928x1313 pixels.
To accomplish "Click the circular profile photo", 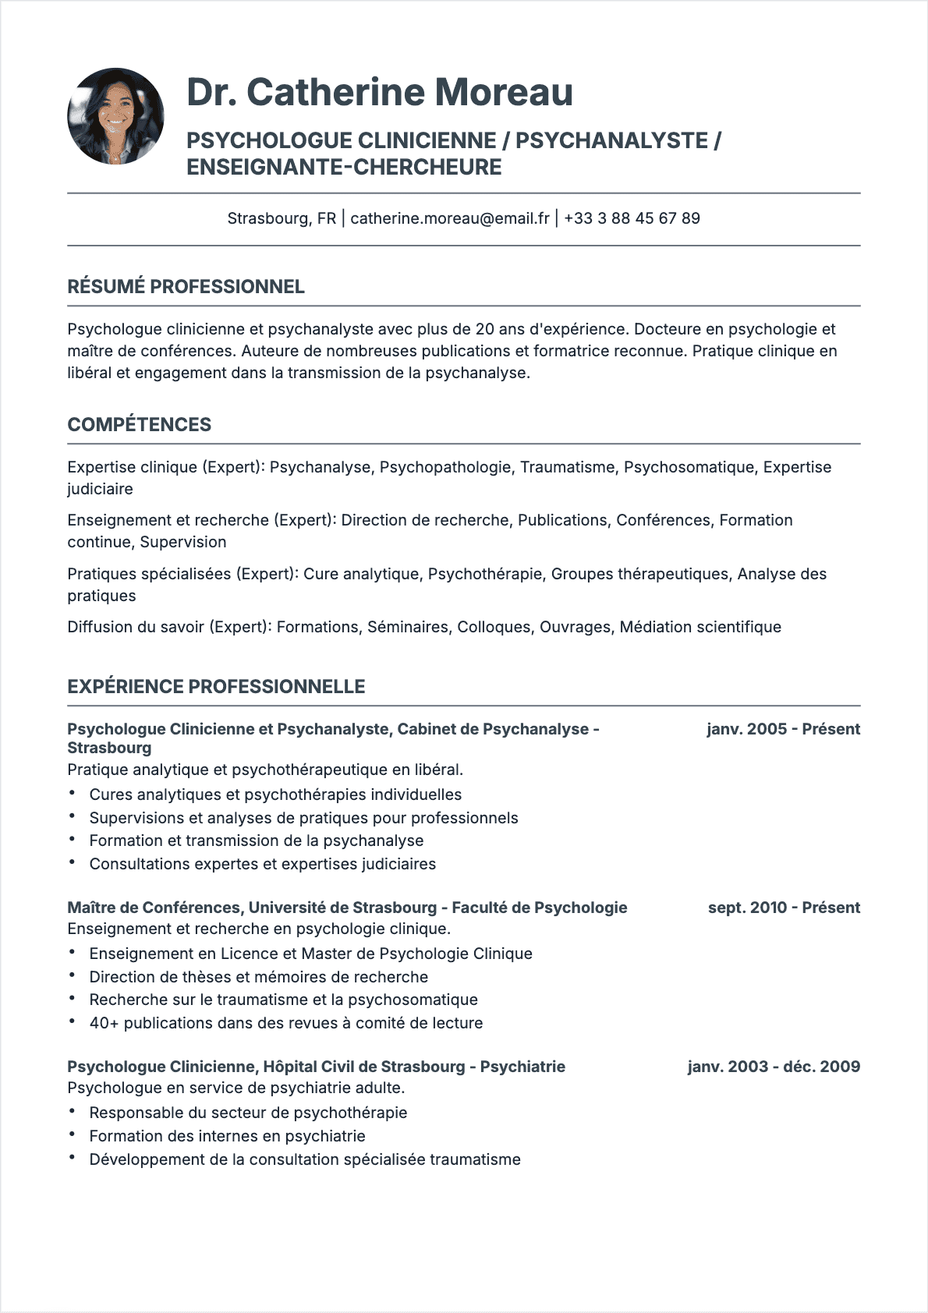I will [115, 116].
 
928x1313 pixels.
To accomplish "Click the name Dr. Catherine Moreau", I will [380, 92].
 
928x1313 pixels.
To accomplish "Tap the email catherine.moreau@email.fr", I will [450, 218].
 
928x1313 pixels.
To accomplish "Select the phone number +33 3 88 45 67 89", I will [632, 218].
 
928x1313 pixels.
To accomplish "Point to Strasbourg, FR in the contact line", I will [282, 218].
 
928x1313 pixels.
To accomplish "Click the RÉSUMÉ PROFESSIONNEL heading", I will [186, 287].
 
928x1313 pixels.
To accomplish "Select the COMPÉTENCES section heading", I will [139, 425].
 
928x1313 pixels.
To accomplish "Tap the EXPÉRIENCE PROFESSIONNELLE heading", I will [216, 687].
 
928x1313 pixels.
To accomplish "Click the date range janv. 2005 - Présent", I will [783, 729].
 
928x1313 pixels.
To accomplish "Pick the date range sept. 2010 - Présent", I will [784, 908].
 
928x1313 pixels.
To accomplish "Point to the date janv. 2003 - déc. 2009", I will [774, 1067].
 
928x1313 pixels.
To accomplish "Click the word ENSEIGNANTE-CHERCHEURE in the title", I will [344, 168].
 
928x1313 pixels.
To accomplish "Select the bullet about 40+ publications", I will [285, 1023].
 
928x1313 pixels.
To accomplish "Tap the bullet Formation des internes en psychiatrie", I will [227, 1136].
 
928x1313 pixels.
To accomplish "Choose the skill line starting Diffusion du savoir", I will [424, 627].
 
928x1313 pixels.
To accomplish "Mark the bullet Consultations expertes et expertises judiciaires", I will [262, 864].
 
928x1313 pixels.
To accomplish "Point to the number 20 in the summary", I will [484, 329].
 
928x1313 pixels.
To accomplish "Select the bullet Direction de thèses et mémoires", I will [258, 977].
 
